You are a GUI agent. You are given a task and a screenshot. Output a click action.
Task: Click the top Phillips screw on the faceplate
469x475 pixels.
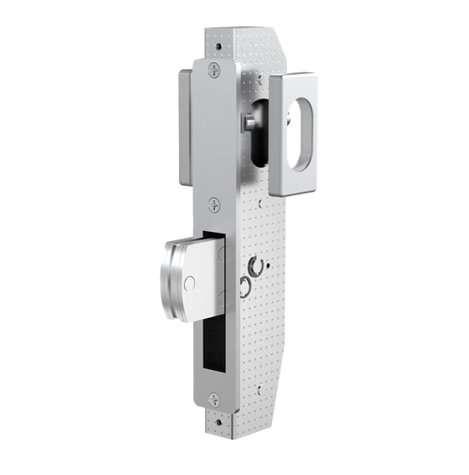[213, 69]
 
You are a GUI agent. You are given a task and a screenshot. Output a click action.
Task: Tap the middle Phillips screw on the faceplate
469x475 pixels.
[214, 203]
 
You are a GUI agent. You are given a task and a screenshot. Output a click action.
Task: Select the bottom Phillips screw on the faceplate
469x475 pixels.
[214, 397]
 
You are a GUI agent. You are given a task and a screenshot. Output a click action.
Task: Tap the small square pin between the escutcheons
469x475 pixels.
[247, 123]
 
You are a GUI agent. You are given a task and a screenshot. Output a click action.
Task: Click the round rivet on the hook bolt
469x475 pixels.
[189, 282]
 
